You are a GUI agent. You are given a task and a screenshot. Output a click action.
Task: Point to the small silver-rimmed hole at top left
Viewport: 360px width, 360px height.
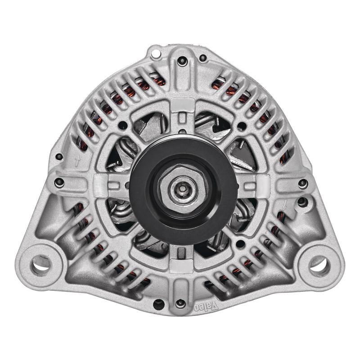point(156,54)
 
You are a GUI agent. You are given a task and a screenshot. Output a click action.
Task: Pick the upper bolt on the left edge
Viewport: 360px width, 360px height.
point(59,157)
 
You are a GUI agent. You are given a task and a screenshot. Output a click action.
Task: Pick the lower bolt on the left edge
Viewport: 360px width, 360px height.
point(59,183)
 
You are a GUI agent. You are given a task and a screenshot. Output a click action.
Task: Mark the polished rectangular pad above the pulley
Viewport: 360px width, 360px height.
point(183,104)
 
